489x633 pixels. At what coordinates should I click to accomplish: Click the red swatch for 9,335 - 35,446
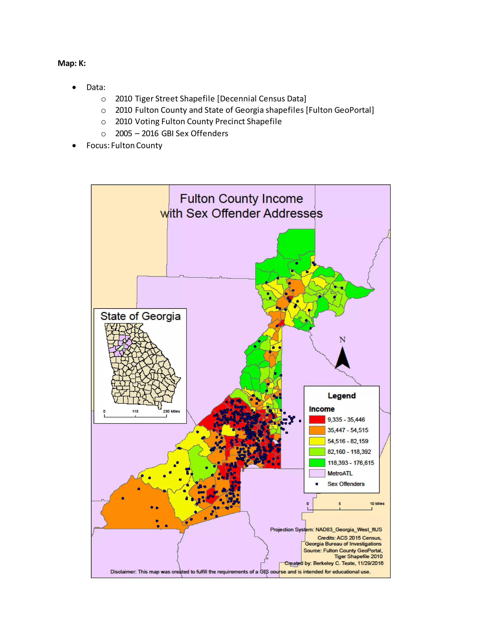pos(317,419)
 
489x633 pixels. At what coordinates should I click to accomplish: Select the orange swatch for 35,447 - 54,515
pos(317,430)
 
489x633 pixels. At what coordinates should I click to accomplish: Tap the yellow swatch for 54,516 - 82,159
pos(317,441)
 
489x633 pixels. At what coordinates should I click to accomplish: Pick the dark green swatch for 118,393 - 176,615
pos(317,463)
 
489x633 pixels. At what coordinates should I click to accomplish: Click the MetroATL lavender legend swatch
pos(317,473)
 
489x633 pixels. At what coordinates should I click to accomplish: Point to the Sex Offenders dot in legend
pos(317,484)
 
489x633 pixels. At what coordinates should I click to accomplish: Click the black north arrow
pos(342,358)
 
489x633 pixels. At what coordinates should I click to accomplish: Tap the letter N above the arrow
pos(342,340)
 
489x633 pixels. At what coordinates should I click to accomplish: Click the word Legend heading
pos(341,396)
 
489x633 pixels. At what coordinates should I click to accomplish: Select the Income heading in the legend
pos(322,409)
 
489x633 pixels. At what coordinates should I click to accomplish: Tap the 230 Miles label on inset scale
pos(171,411)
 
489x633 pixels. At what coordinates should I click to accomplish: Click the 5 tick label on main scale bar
pos(340,504)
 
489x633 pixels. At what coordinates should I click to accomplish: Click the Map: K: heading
pos(72,63)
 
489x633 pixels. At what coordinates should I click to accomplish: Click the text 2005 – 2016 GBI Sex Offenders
pos(171,134)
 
